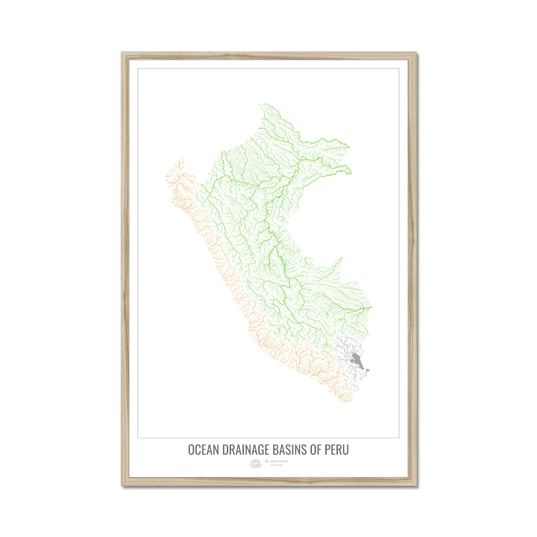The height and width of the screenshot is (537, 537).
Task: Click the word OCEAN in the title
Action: tap(203, 449)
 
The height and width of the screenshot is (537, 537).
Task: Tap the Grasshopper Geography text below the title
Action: tap(276, 462)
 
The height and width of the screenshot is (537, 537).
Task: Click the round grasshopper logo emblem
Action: tap(256, 463)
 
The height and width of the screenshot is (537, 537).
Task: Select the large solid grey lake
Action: tap(357, 359)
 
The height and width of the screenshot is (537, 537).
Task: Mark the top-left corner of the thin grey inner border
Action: tap(138, 68)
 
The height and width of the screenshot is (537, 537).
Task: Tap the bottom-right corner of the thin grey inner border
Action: tap(399, 437)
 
